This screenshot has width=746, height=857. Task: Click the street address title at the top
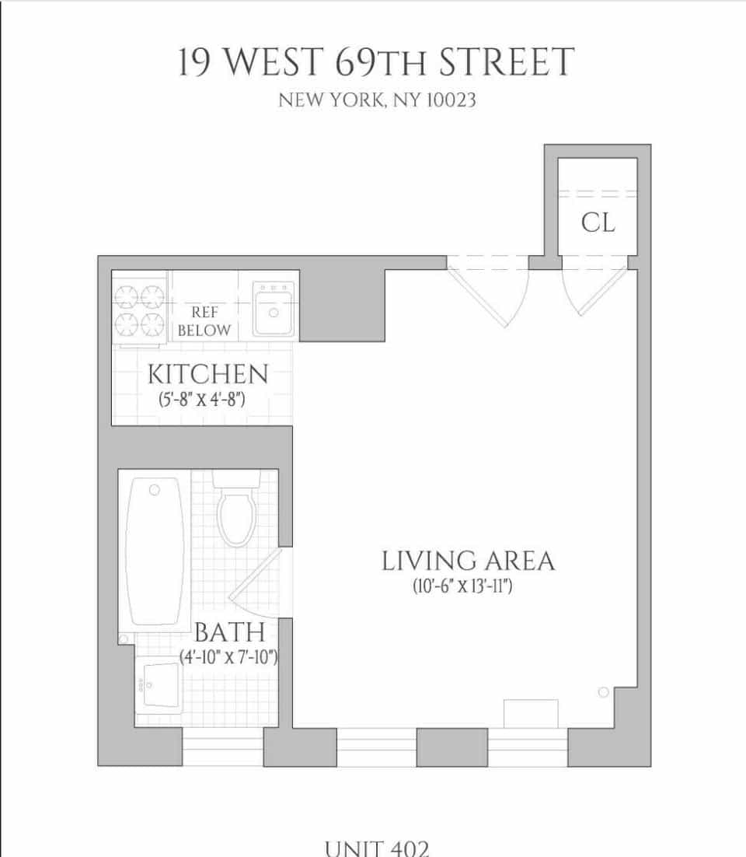pos(376,63)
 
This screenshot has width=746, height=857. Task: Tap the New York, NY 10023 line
pos(376,101)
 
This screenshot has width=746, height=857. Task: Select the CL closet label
pos(598,223)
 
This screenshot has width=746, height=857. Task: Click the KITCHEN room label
pos(207,374)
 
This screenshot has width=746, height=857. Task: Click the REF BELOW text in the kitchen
pos(204,321)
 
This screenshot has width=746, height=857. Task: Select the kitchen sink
pos(273,308)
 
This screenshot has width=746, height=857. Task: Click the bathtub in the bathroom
pos(155,551)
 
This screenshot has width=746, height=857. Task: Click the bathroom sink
pos(159,684)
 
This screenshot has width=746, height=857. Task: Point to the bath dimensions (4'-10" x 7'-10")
pos(228,657)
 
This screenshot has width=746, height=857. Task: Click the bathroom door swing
pos(259,584)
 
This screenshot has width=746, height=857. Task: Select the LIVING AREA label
pos(468,561)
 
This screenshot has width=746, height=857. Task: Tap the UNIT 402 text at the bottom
pos(376,847)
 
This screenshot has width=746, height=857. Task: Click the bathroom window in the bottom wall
pos(223,747)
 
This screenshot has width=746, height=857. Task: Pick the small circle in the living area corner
pos(603,691)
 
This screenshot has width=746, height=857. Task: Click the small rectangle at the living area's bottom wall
pos(531,713)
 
